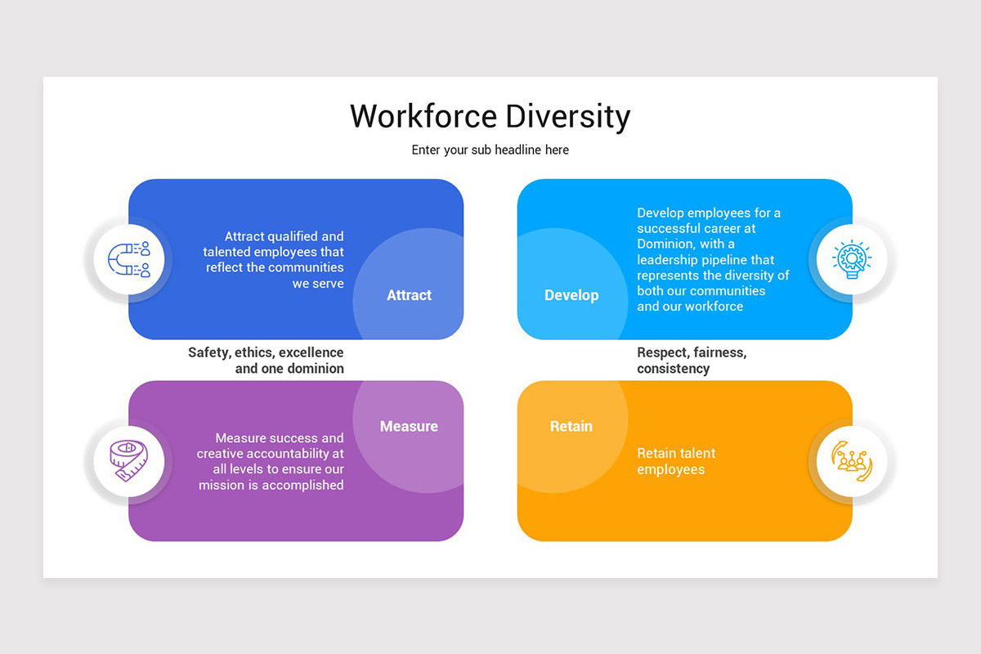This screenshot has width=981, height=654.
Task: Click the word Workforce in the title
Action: (x=423, y=116)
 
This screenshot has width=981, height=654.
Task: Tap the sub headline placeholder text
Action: (x=490, y=150)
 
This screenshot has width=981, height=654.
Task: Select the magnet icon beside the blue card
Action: (x=128, y=260)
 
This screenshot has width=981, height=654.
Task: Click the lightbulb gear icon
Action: (x=852, y=260)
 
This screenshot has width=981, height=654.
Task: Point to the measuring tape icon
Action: (x=128, y=461)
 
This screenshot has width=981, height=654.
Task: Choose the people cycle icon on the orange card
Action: (x=852, y=461)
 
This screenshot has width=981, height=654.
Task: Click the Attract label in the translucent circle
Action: (x=409, y=295)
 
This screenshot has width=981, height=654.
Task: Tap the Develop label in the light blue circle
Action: (x=571, y=295)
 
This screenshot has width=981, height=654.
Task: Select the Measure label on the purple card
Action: (x=409, y=426)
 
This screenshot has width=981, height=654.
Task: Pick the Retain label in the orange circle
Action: (x=571, y=426)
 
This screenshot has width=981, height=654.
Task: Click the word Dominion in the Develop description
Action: (x=665, y=244)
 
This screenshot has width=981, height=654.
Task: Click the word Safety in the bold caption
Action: (x=209, y=352)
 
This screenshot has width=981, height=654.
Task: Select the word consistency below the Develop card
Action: (x=673, y=369)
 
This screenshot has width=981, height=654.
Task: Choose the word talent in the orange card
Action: (x=697, y=453)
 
